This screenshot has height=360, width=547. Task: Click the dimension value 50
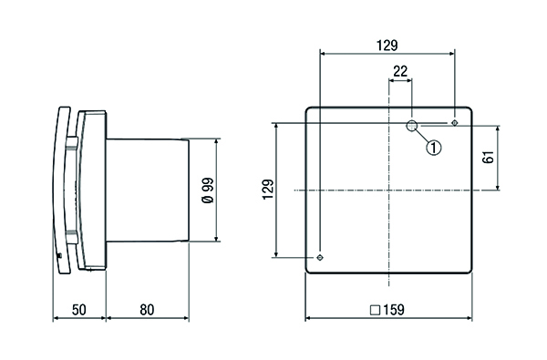[78, 310]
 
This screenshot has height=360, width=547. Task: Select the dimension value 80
[147, 310]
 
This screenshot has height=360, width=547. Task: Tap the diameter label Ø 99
[208, 190]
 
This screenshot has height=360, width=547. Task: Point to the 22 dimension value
[400, 71]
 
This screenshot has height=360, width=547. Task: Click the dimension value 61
[489, 157]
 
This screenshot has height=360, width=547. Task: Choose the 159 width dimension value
[394, 310]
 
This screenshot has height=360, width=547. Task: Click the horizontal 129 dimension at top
[387, 46]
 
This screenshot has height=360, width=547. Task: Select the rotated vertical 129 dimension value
[268, 190]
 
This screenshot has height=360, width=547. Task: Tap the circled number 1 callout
[434, 148]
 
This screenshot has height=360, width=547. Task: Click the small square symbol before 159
[375, 310]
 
